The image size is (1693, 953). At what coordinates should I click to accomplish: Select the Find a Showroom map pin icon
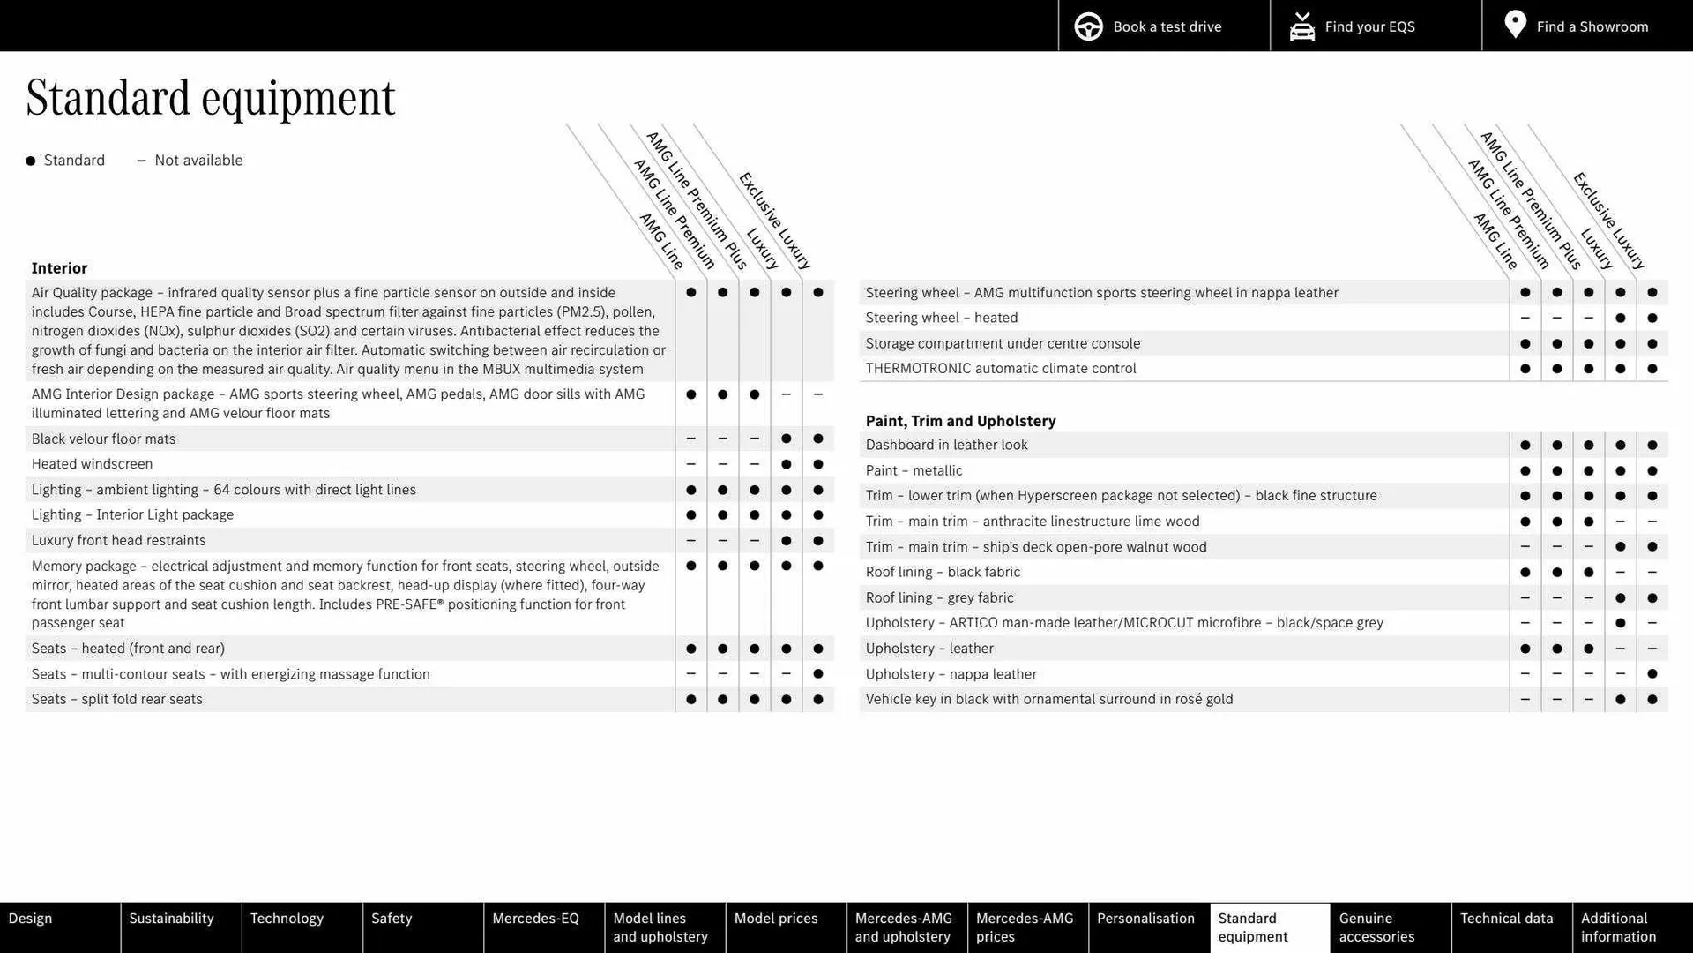[1515, 25]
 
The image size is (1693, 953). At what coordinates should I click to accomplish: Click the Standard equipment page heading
[211, 97]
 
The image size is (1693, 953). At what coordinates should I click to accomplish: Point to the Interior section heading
[59, 268]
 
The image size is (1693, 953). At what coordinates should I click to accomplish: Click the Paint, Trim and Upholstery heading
[960, 421]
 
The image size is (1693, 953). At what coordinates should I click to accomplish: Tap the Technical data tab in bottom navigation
[1506, 919]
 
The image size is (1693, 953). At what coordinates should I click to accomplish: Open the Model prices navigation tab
[776, 919]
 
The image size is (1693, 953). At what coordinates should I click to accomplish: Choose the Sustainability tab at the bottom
[171, 919]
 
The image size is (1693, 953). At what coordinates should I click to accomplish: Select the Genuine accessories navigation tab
[1376, 927]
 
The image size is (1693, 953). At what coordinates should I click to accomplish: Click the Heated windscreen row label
[92, 464]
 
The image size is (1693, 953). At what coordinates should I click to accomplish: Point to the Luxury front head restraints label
[118, 540]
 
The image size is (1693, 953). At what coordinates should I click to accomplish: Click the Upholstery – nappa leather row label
[951, 674]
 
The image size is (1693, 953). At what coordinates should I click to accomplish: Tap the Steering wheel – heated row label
[941, 318]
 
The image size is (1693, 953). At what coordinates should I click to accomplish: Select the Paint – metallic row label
[914, 470]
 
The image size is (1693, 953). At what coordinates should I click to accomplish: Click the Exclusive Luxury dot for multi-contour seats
[818, 674]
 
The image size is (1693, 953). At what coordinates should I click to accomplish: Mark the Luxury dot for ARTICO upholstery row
[1621, 623]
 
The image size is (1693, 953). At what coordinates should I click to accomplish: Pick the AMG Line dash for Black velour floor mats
[691, 439]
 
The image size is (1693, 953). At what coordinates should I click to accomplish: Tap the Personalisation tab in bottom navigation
[1145, 919]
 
